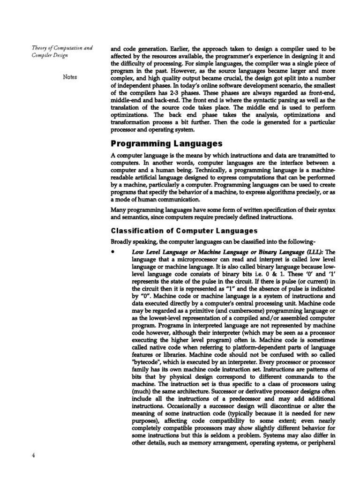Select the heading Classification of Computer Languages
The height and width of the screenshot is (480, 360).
pyautogui.click(x=177, y=231)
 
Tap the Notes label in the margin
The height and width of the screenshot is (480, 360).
pyautogui.click(x=69, y=77)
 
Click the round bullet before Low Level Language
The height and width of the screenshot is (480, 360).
pyautogui.click(x=113, y=251)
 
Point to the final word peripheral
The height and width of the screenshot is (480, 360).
pyautogui.click(x=318, y=442)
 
